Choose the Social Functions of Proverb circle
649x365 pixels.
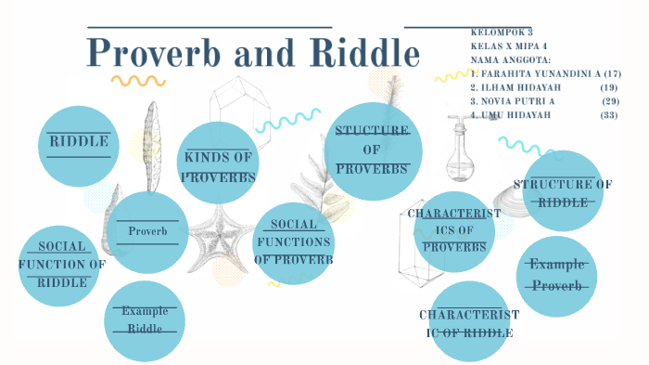point(293,242)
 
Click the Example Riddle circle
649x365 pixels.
point(144,320)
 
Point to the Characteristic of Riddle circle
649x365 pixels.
point(468,321)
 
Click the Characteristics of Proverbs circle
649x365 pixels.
point(454,231)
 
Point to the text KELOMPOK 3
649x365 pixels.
point(502,31)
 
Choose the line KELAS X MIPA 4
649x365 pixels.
point(509,45)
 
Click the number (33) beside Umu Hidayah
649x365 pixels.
point(609,114)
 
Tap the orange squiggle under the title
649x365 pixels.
point(138,81)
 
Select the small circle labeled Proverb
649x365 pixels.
point(147,231)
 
